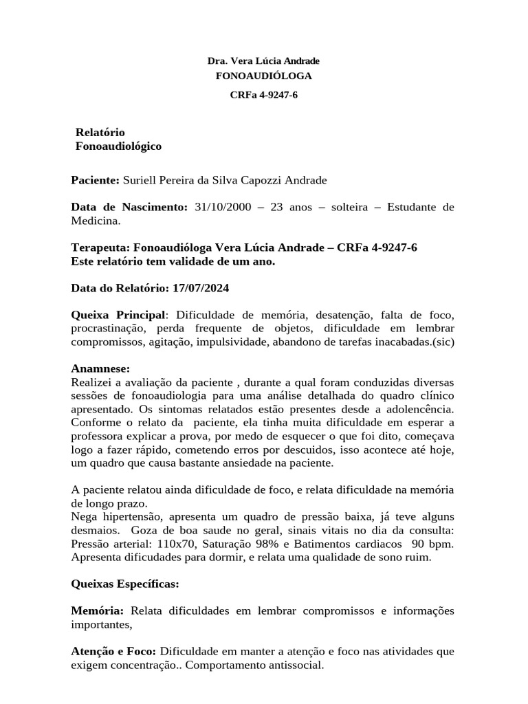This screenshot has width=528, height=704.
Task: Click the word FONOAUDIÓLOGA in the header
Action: (x=263, y=75)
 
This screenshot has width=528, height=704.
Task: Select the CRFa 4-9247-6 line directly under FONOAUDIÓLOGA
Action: (x=263, y=95)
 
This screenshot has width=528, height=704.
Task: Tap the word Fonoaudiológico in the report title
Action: (x=118, y=146)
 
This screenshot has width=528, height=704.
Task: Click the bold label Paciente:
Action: (x=96, y=180)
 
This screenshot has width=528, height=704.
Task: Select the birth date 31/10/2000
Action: (x=220, y=207)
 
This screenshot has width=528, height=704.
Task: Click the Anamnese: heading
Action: (x=100, y=368)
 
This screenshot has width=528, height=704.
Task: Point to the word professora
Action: (x=100, y=436)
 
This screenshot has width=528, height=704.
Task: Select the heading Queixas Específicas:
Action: (x=125, y=584)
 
